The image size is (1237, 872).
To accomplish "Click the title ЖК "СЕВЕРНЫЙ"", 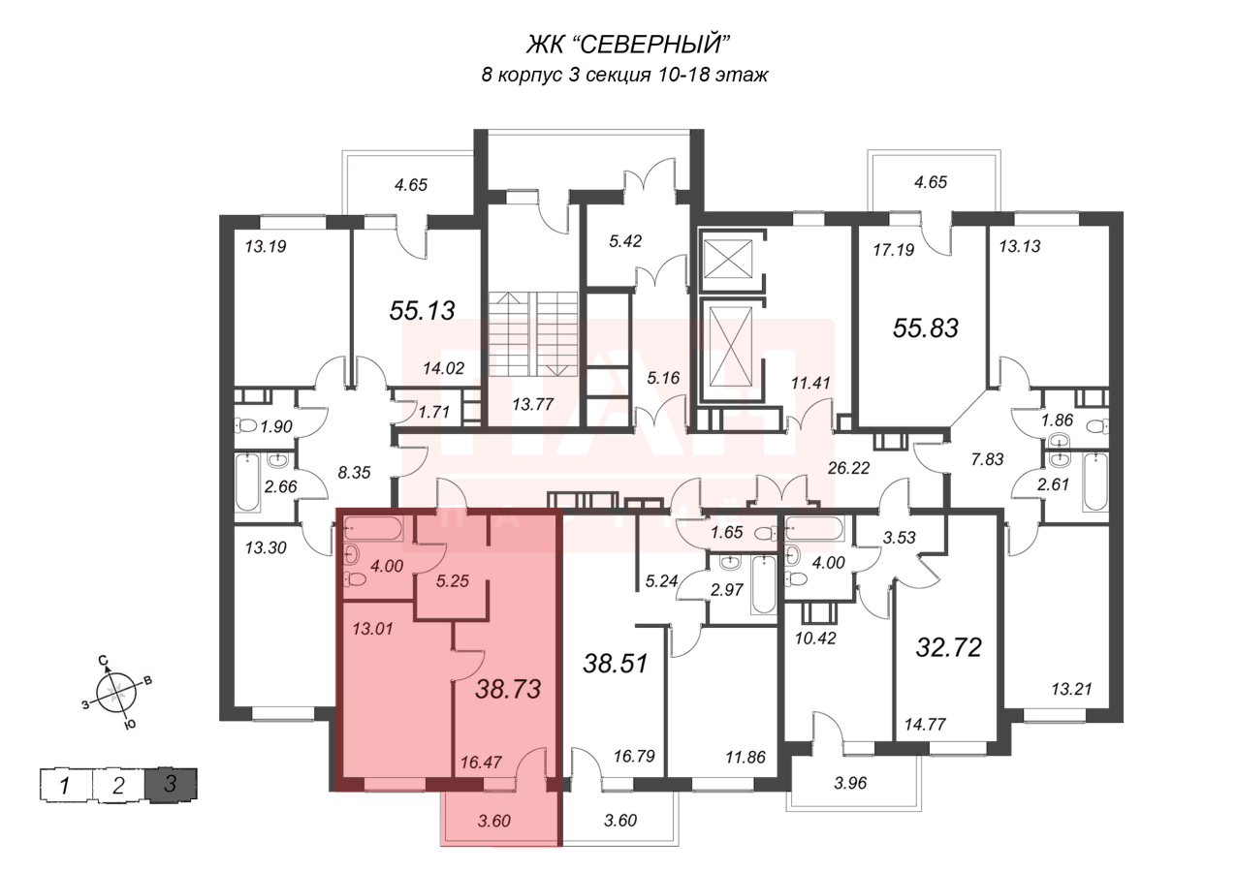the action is click(x=625, y=44).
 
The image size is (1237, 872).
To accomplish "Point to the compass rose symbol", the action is click(x=115, y=691).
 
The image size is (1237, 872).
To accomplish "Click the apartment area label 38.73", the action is click(x=508, y=689).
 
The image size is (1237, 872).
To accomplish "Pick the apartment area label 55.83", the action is click(x=925, y=328).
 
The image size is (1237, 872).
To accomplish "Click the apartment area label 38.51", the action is click(x=616, y=664).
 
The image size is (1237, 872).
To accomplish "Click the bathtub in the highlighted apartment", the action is click(x=374, y=530).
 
